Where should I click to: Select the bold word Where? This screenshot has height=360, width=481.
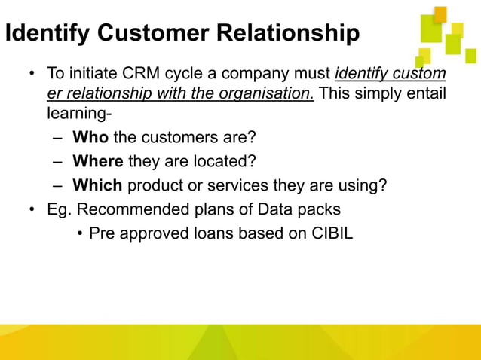(98, 162)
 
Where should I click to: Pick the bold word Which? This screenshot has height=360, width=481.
(97, 185)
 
